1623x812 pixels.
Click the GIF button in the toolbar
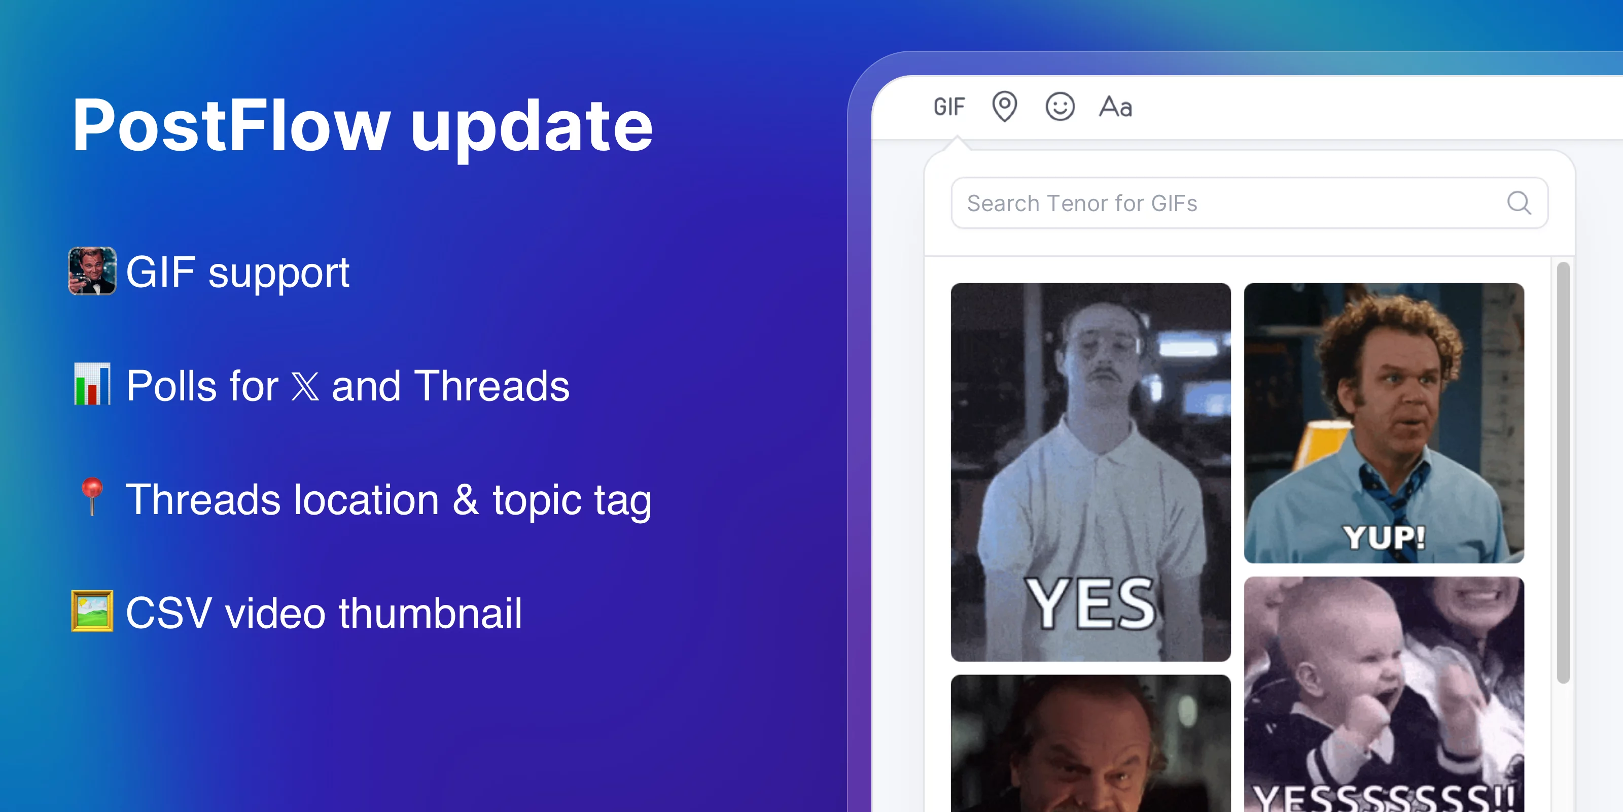949,107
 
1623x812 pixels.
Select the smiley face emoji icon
1060,107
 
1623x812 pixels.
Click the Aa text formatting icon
1115,107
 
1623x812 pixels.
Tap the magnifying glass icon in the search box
1519,203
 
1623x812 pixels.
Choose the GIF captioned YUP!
1384,422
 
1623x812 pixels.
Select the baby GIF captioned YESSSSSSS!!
1384,693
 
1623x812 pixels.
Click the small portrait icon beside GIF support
92,271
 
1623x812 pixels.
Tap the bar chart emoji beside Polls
92,384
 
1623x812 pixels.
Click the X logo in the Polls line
305,386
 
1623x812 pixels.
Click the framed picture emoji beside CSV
92,611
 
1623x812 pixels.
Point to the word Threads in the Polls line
491,386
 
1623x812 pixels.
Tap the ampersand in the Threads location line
466,499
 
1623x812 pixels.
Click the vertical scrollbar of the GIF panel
1563,473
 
